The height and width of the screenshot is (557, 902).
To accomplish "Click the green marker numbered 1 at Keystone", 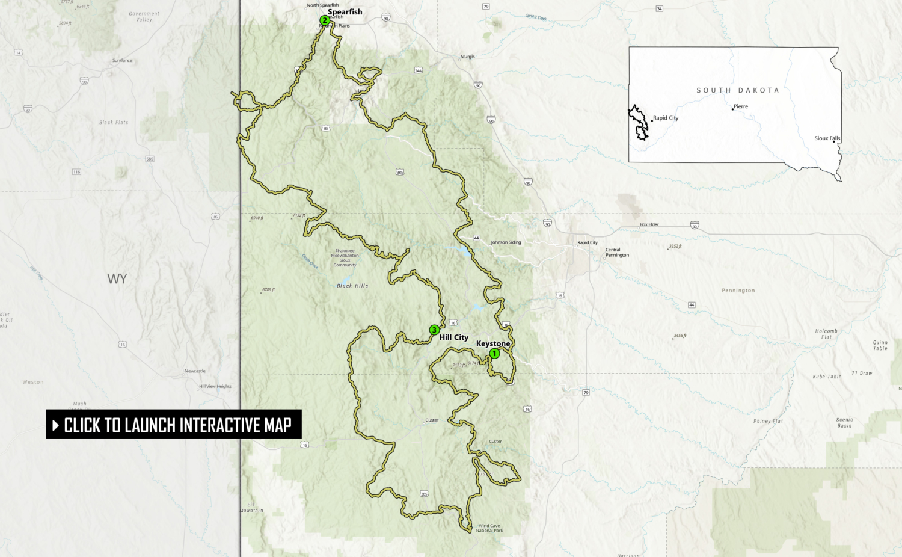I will [x=494, y=354].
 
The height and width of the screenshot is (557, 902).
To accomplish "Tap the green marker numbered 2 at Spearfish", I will [x=325, y=20].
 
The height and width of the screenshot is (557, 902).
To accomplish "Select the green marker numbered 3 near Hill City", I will [x=434, y=330].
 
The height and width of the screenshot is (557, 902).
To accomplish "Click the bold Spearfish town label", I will [x=345, y=12].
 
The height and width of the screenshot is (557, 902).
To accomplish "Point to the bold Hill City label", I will [x=453, y=337].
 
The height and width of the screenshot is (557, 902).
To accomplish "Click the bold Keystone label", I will [x=493, y=343].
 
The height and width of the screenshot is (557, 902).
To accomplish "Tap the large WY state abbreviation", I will [x=117, y=279].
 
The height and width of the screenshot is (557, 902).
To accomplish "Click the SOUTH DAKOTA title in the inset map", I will [x=738, y=90].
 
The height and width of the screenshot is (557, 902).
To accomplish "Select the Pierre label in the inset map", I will [x=741, y=106].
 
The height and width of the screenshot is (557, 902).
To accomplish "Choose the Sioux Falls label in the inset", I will [x=827, y=138].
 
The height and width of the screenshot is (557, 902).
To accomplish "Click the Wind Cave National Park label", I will [x=489, y=528].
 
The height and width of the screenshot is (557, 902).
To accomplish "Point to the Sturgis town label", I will [x=468, y=57].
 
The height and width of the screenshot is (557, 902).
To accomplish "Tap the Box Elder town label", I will [x=649, y=224].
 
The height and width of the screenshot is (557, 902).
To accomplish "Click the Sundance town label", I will [x=122, y=61].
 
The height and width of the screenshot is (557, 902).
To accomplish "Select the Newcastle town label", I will [x=195, y=371].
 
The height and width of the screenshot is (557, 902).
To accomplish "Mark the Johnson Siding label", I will [x=506, y=242].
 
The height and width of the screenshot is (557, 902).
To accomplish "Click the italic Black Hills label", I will [x=352, y=286].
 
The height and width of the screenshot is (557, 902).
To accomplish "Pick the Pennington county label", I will [x=738, y=291].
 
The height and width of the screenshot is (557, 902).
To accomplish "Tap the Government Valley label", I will [x=144, y=17].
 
